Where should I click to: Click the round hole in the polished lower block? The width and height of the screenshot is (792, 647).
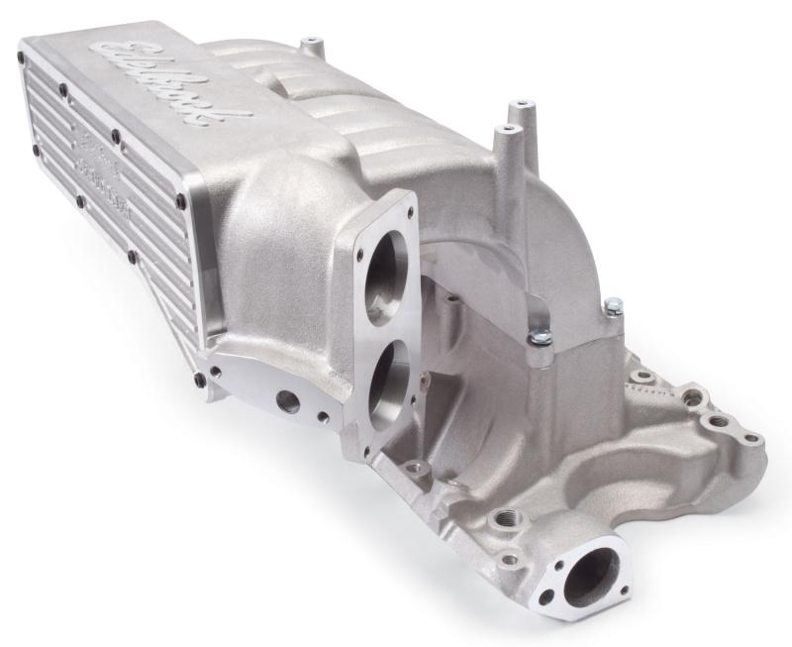click(x=289, y=402)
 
